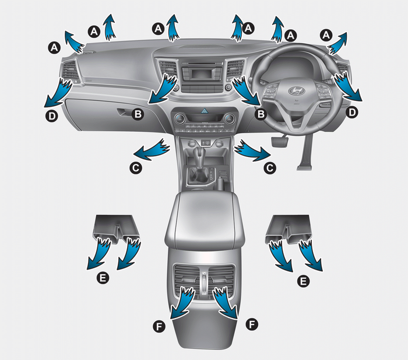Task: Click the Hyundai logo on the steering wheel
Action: pos(297,90)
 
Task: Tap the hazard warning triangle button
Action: pos(205,112)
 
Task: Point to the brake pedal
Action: pos(280,141)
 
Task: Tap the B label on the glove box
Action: pos(138,114)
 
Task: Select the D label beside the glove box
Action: pos(52,116)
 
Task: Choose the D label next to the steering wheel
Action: pos(352,112)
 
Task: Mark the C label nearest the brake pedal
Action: pos(270,168)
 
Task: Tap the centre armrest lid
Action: pos(205,218)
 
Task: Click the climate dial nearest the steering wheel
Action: pos(229,119)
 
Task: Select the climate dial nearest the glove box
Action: pos(180,119)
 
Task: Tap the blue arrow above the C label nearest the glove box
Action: pos(152,150)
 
